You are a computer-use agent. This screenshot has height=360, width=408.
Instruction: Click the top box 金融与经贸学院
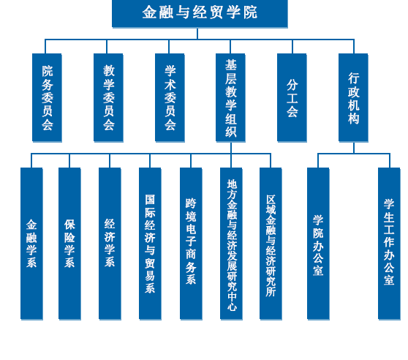click(200, 13)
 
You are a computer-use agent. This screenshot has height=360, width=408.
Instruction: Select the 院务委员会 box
click(47, 97)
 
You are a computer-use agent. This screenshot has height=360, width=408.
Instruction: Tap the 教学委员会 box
click(108, 97)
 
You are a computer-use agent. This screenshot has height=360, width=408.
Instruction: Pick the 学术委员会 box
click(170, 97)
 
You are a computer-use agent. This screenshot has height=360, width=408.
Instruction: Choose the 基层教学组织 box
click(230, 97)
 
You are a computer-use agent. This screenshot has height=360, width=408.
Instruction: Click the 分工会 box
click(292, 97)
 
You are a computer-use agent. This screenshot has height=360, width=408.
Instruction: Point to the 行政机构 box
click(353, 97)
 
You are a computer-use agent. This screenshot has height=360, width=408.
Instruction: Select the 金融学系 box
click(31, 244)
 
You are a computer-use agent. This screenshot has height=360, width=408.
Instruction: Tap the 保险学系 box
click(69, 244)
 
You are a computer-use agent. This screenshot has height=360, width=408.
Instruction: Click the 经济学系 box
click(110, 244)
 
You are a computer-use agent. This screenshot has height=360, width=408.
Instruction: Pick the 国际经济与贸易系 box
click(150, 244)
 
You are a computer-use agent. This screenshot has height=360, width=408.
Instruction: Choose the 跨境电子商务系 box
click(191, 244)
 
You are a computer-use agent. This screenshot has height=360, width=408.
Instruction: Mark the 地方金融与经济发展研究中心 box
click(231, 244)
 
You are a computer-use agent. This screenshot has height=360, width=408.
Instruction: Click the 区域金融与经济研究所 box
click(271, 244)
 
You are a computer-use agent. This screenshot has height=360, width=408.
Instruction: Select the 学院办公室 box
click(318, 244)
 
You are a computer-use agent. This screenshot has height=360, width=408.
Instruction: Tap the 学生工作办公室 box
click(389, 244)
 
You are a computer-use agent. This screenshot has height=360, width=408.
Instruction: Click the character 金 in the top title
click(149, 12)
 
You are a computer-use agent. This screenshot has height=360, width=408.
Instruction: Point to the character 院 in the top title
click(250, 12)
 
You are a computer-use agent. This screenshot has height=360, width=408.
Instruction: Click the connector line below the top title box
click(197, 34)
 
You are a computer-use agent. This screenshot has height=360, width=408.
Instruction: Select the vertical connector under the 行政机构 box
click(354, 148)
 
